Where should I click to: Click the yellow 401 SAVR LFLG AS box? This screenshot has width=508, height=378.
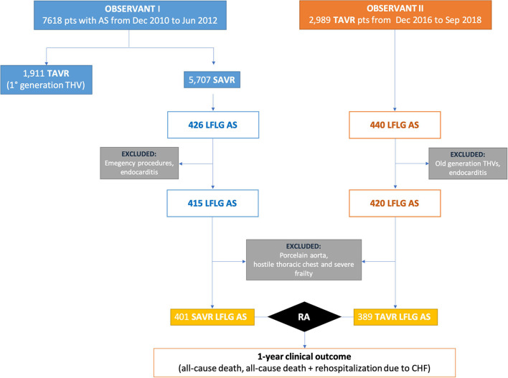(213, 315)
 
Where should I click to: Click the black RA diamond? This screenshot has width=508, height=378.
(304, 315)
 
